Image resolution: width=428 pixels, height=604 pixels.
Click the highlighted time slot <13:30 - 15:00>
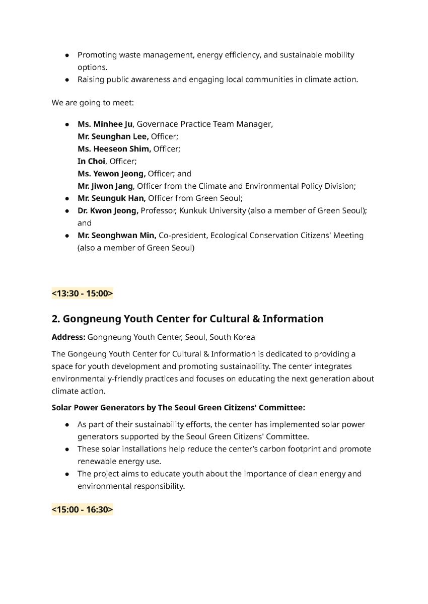[x=82, y=293]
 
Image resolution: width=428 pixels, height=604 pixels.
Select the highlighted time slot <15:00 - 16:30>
[x=82, y=510]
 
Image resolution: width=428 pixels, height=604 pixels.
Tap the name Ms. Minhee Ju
[x=105, y=124]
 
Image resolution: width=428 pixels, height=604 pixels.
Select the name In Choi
[x=91, y=161]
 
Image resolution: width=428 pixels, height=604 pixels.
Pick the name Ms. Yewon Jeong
[x=111, y=174]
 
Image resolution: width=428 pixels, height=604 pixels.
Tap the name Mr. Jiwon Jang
[x=105, y=186]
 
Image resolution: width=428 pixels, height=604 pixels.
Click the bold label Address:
[x=68, y=337]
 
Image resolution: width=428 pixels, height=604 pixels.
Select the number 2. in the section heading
[x=55, y=319]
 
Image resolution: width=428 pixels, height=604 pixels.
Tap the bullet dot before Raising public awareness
[x=67, y=80]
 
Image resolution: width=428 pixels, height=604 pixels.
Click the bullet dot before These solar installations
[x=67, y=449]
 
